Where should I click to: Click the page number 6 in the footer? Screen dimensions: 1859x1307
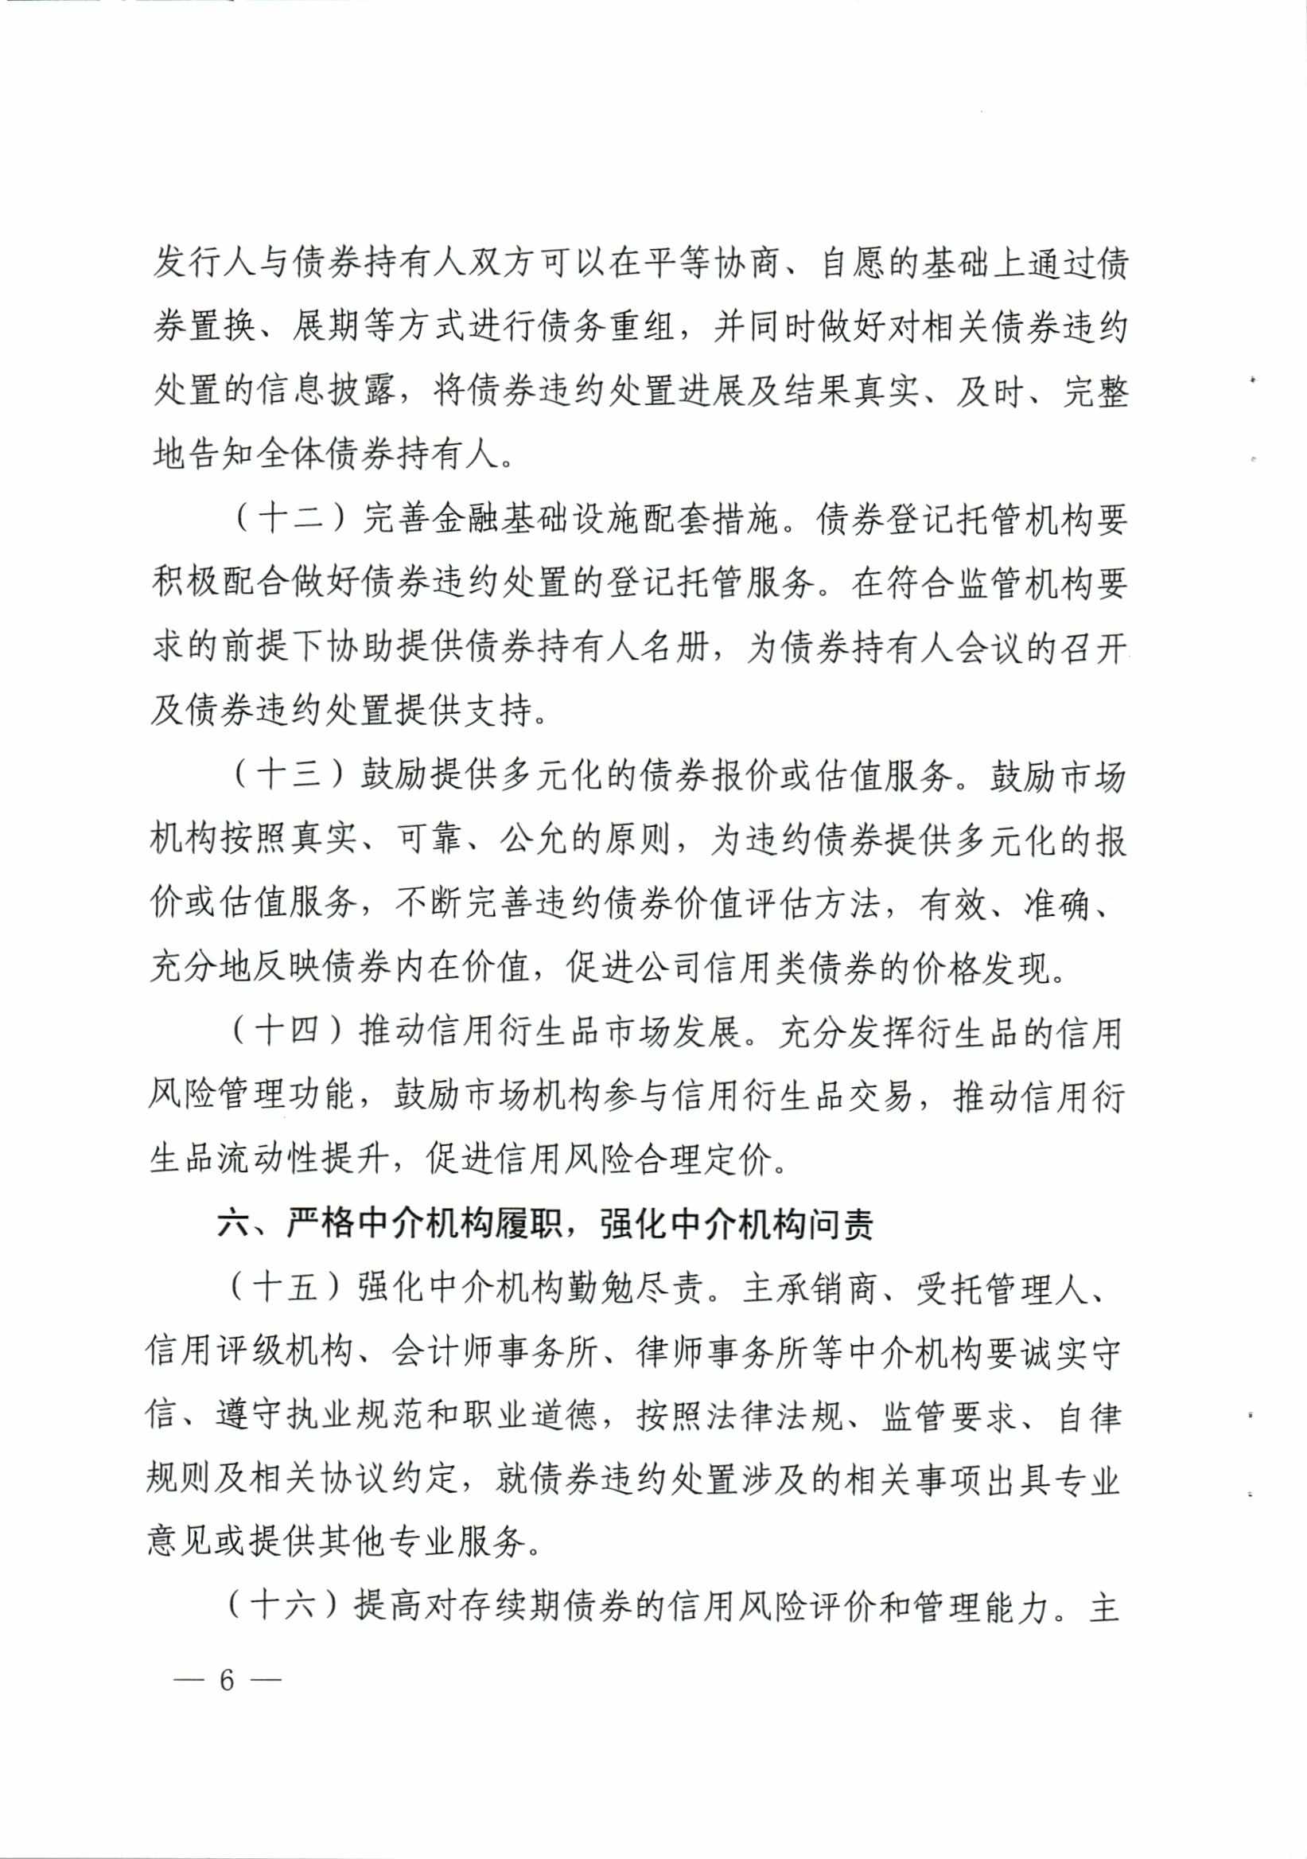pyautogui.click(x=227, y=1680)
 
